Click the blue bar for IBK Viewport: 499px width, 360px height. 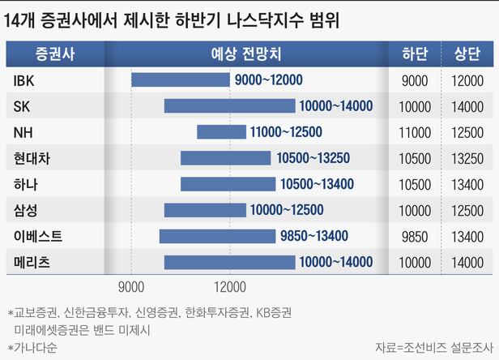(181, 79)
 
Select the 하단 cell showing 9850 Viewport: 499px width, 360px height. (415, 237)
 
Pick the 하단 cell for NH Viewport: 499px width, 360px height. (415, 132)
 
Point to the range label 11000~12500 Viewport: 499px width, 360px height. (286, 132)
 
